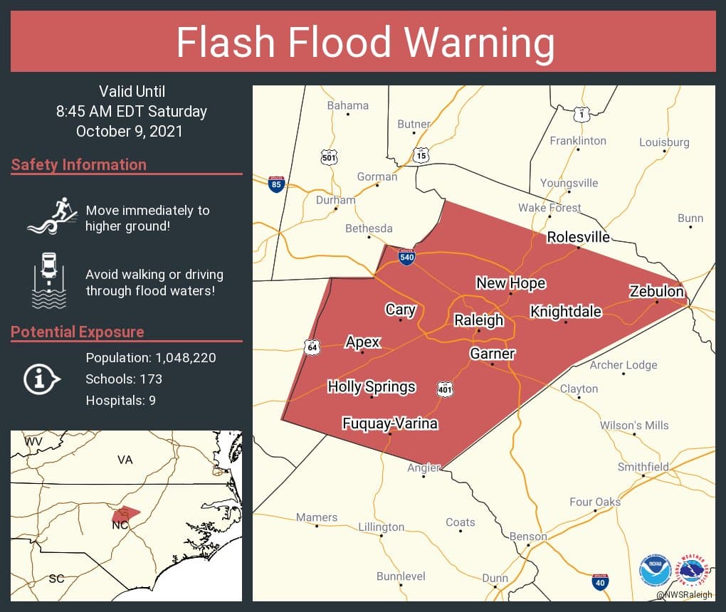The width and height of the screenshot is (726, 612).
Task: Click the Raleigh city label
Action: pos(478,320)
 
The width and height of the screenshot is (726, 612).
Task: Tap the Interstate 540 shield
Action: pos(406,258)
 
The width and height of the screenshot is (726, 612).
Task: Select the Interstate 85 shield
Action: pos(276,184)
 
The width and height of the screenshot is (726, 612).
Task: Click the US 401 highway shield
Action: pos(446,389)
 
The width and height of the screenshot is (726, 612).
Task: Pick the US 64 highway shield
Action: pos(310,347)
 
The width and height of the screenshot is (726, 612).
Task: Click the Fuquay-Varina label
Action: pos(389,424)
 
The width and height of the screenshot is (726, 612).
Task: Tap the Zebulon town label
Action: pos(656,292)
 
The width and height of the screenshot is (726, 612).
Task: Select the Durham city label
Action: pos(335,200)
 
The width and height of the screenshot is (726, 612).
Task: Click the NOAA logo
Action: pos(654,571)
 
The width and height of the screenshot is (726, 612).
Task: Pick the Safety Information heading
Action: pos(79,164)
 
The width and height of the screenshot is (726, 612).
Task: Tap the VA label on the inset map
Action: pos(125,460)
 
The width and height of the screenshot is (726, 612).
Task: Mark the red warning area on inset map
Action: pos(125,512)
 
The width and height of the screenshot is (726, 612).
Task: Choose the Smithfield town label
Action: pos(643,467)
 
